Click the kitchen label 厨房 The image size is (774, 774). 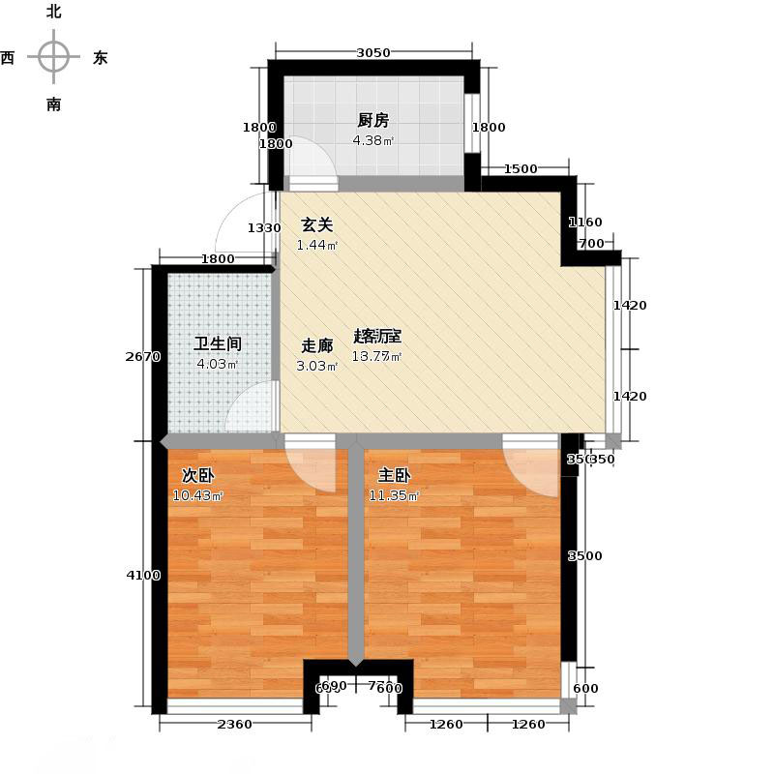click(372, 121)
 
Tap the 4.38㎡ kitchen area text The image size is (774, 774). click(372, 140)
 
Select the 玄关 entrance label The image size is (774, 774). click(316, 224)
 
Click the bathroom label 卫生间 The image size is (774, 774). click(217, 343)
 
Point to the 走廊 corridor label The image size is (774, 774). click(316, 345)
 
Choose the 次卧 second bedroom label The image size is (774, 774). click(198, 476)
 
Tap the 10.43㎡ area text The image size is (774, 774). click(198, 496)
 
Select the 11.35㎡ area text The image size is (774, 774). click(392, 496)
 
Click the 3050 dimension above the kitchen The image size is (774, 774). click(372, 53)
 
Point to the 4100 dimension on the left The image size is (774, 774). click(142, 576)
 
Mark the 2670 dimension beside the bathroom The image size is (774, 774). click(142, 357)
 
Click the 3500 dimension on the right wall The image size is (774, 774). click(584, 556)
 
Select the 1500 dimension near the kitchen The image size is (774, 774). click(521, 169)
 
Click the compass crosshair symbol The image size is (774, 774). click(53, 57)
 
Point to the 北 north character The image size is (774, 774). click(53, 13)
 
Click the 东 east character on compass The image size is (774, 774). click(100, 58)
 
